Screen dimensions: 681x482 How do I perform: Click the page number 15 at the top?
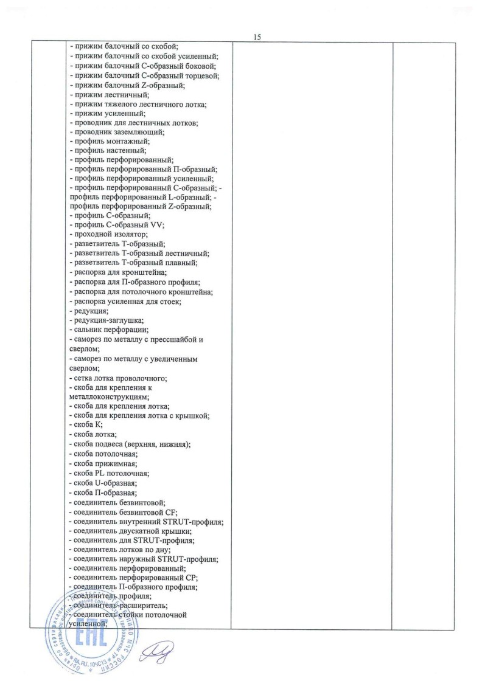[x=257, y=37]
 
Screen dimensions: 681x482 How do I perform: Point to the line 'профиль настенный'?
[x=107, y=150]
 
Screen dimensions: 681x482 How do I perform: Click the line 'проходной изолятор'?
[x=108, y=234]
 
